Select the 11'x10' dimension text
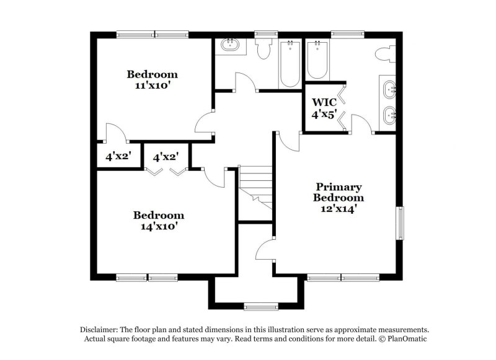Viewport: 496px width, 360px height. (x=152, y=86)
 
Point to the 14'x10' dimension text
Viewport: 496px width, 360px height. (x=159, y=226)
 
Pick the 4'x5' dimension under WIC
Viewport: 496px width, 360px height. (x=323, y=115)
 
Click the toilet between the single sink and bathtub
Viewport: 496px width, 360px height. (x=264, y=49)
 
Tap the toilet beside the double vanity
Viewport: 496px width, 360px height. (x=384, y=55)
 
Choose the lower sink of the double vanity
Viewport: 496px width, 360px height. (x=390, y=114)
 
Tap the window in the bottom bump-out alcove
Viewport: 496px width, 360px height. (x=260, y=305)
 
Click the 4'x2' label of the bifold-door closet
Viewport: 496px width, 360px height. (x=166, y=157)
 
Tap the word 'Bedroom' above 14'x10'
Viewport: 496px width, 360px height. (x=159, y=215)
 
